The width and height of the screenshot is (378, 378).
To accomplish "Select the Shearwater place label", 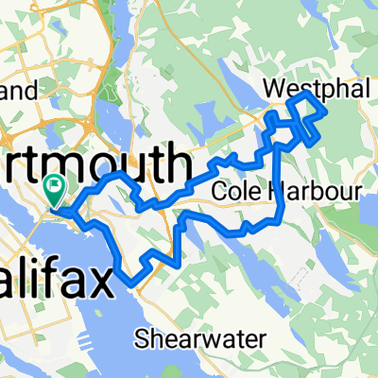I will point(188,336).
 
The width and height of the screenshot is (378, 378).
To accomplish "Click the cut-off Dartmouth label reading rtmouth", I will point(94,162).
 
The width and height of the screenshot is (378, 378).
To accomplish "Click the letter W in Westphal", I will point(294,87).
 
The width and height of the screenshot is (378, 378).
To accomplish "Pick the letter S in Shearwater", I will point(142,336).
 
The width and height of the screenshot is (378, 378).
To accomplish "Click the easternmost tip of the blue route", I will point(327,112).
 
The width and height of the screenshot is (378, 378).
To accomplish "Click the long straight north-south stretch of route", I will point(275,180).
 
